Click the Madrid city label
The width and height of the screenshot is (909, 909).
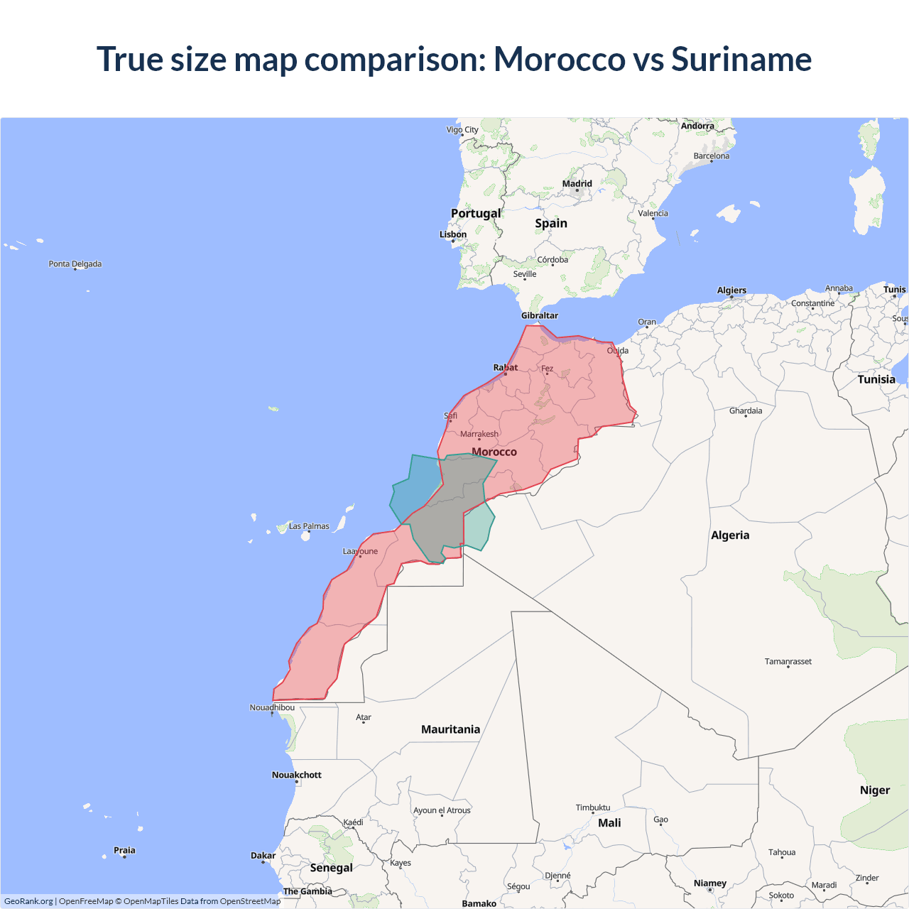tap(577, 184)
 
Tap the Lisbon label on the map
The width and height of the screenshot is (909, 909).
tap(453, 234)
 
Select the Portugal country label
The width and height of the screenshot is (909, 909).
tap(476, 213)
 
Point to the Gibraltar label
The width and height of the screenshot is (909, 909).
tap(540, 315)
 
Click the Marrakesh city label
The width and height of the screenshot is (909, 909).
tap(479, 434)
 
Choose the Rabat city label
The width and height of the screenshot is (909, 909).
tap(506, 367)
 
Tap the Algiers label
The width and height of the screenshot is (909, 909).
tap(731, 290)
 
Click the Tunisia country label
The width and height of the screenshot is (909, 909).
tap(876, 379)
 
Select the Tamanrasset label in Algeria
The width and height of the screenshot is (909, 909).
tap(788, 661)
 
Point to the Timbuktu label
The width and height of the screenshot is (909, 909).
tap(593, 807)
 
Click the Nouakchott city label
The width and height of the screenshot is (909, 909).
tap(297, 775)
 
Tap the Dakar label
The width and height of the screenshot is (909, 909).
tap(263, 856)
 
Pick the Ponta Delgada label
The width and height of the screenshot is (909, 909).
tap(75, 264)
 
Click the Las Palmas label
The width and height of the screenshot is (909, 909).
tap(309, 526)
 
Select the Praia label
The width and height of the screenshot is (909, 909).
tap(124, 850)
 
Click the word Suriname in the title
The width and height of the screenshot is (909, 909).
tap(741, 59)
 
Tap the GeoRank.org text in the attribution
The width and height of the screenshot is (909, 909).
tap(28, 901)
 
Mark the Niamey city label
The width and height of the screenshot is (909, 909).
tap(710, 883)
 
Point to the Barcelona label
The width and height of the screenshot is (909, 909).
tap(712, 156)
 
